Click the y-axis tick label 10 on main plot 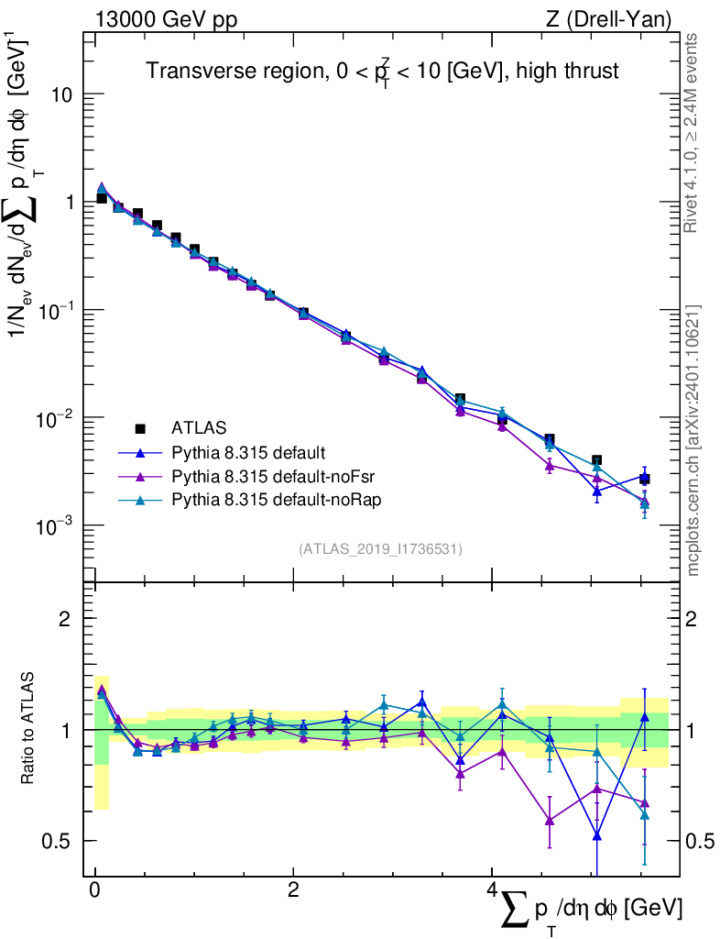[63, 95]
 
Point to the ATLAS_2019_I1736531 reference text [380, 549]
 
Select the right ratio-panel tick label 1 [696, 730]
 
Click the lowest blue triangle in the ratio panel [597, 835]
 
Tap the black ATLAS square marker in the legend [140, 427]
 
